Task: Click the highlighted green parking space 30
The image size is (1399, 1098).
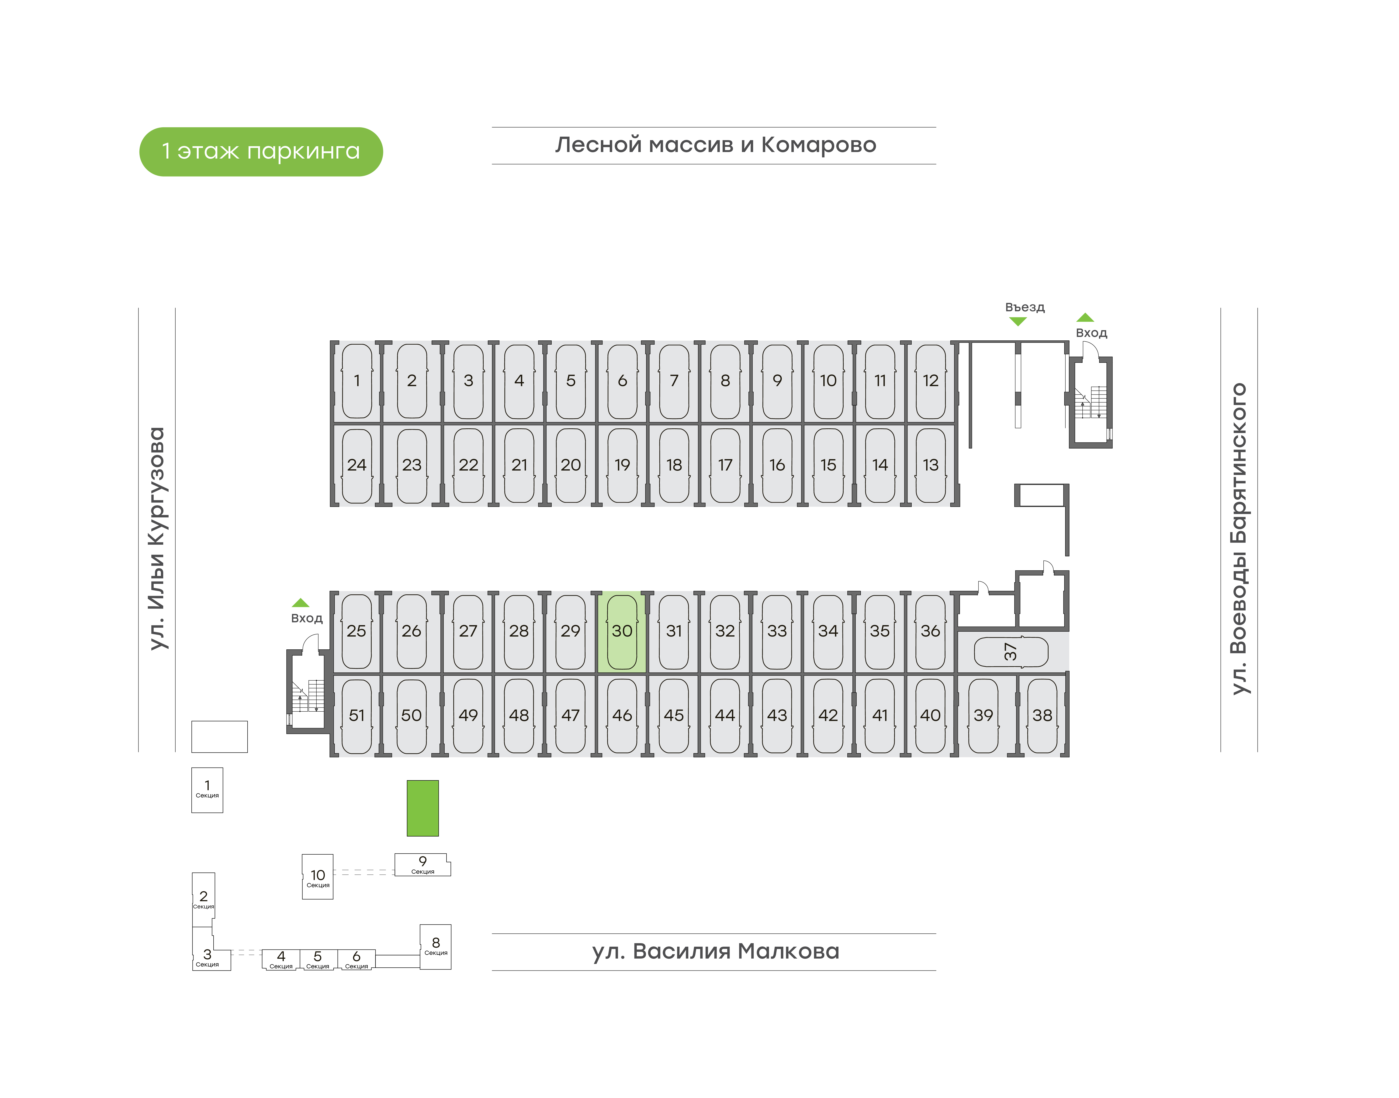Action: [622, 631]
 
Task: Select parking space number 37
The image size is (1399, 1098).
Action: [1011, 652]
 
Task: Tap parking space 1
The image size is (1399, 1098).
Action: [357, 381]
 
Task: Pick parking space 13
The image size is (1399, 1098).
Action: [930, 465]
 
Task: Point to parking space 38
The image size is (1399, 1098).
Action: [1042, 716]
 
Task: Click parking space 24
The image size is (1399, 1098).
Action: [357, 465]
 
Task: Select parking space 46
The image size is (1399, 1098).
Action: [622, 716]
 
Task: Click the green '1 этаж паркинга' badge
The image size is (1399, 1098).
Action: [261, 152]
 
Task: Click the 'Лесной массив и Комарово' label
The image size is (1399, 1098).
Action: [715, 145]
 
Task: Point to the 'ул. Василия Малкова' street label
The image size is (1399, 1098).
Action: [715, 951]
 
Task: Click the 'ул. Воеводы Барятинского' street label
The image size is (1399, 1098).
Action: [1238, 539]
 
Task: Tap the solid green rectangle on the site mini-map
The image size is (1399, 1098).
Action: [422, 808]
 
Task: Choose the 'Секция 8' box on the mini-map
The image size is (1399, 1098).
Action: [435, 946]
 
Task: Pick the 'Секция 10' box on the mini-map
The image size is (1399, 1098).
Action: [318, 877]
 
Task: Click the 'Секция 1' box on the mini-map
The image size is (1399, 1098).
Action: [207, 790]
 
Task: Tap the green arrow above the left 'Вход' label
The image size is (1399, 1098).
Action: [300, 603]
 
